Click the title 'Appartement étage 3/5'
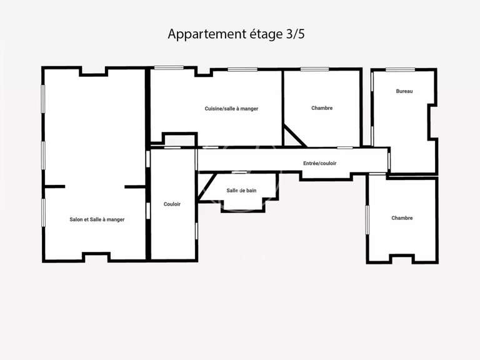236,34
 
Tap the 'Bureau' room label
404,91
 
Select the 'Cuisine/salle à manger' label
231,109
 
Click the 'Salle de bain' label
241,191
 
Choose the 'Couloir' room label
172,204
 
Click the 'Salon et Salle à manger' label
97,219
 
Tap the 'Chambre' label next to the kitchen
322,108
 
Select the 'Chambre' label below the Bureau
402,218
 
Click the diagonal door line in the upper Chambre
292,134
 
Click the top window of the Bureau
396,69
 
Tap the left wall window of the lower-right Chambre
367,219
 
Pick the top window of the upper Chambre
314,69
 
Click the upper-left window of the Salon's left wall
43,99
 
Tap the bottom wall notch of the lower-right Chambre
401,257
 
